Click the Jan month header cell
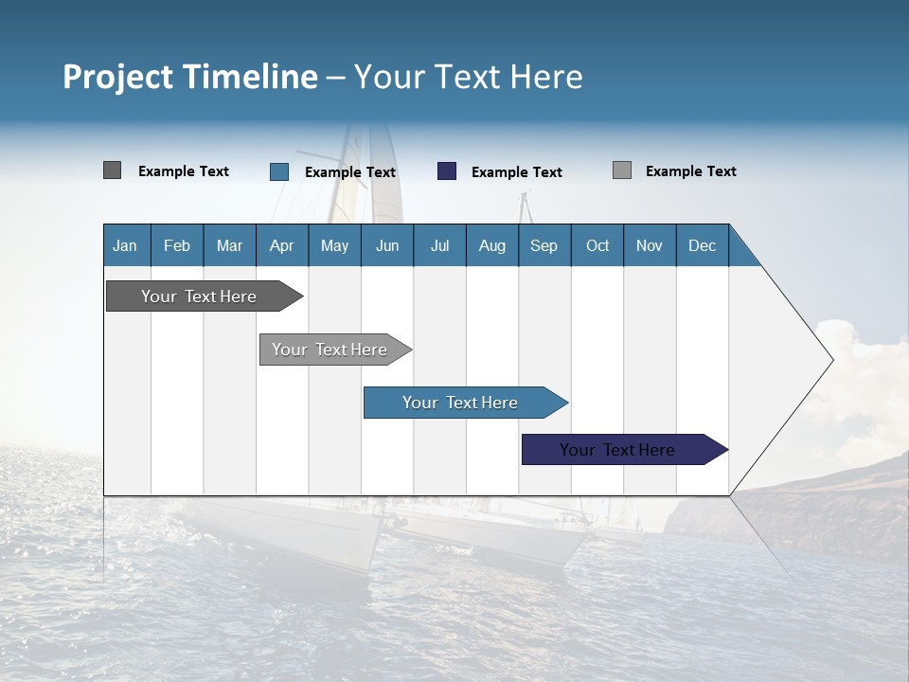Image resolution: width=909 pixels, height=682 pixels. point(126,245)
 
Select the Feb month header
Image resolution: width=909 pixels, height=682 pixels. point(177,245)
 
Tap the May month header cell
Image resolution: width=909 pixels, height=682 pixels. point(334,245)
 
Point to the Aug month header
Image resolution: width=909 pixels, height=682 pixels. point(491,245)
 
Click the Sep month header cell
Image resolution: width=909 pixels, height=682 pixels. point(544,245)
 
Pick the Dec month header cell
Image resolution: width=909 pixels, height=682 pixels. point(702,245)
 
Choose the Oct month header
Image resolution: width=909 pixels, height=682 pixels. point(597,245)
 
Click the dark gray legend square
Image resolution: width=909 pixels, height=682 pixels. point(113,170)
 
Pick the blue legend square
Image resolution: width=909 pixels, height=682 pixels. point(279,171)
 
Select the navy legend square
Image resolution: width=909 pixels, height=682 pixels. point(447,171)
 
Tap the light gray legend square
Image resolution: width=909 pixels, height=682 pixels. point(622,170)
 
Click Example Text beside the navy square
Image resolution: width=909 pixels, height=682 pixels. point(516,172)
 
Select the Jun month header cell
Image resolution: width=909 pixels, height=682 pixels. point(387,245)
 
